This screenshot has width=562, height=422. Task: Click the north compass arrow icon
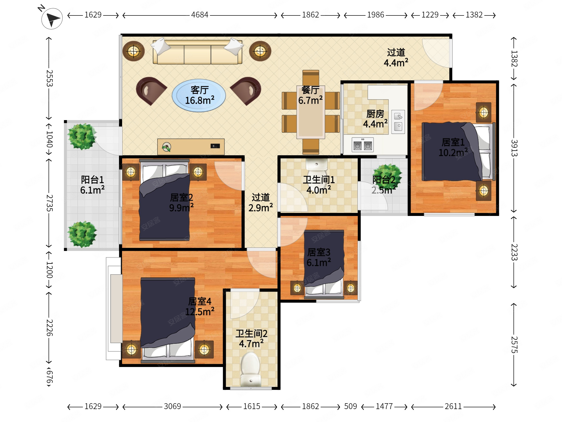click(52, 19)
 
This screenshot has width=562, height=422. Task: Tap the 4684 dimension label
click(199, 15)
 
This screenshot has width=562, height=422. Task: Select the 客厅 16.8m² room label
click(199, 95)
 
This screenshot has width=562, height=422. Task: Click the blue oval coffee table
click(199, 96)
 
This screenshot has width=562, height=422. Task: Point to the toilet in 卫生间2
click(251, 369)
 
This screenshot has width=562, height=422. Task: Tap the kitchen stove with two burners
click(363, 145)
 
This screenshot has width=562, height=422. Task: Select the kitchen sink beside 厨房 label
click(398, 122)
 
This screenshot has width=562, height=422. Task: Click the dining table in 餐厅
click(310, 112)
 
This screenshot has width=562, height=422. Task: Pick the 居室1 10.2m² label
click(453, 148)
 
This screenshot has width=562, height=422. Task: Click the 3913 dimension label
click(514, 148)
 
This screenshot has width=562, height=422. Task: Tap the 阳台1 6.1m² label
click(92, 185)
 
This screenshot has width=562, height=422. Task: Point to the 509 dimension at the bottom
click(350, 406)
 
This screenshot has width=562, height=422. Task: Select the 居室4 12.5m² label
click(199, 306)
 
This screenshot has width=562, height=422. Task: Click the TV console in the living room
click(191, 147)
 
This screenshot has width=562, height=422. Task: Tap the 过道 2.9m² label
click(260, 203)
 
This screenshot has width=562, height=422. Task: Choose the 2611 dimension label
click(453, 406)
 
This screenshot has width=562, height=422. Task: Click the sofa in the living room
click(197, 51)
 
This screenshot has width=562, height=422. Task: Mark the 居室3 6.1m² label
click(319, 258)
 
